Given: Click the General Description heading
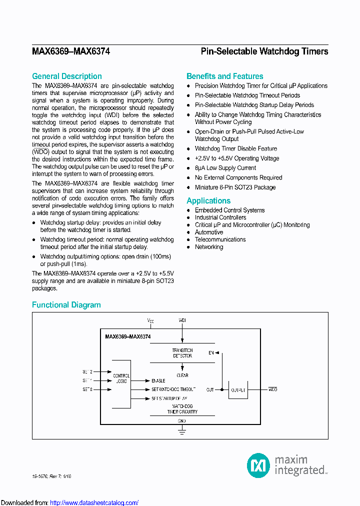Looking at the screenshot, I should click(66, 76).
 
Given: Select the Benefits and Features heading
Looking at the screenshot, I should click(224, 76).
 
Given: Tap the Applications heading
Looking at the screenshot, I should click(208, 200).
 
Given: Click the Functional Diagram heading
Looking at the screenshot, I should click(66, 304).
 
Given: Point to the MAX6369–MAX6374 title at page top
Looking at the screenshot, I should click(71, 51).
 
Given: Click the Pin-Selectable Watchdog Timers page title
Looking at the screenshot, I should click(264, 51).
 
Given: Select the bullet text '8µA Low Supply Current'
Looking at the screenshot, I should click(225, 168).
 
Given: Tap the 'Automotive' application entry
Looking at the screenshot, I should click(208, 232).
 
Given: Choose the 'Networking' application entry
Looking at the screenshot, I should click(208, 246).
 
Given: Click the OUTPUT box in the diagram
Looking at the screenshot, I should click(238, 389).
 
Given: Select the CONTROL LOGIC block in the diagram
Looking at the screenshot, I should click(121, 378).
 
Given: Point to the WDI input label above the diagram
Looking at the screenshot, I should click(182, 319).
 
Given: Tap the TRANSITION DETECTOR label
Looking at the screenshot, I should click(182, 353).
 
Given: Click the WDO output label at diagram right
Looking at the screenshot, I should click(272, 389).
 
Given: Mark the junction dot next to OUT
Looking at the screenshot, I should click(221, 389).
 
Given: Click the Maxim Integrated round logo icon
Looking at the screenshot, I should click(258, 465).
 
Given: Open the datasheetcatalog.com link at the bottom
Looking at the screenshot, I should click(94, 502).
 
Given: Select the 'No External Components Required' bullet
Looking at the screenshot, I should click(238, 177).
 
